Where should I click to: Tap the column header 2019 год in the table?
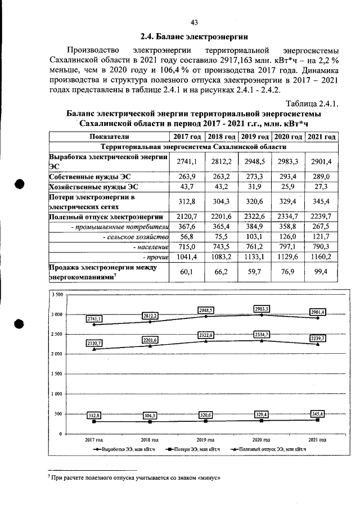click(x=254, y=137)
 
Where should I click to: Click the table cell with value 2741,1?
click(x=187, y=161)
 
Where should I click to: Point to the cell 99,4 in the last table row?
click(x=321, y=272)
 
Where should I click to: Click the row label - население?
click(x=150, y=246)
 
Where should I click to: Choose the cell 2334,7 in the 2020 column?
click(x=287, y=217)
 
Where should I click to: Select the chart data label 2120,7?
click(x=94, y=343)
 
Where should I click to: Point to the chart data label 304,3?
click(x=150, y=416)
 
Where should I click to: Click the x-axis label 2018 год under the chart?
click(x=150, y=439)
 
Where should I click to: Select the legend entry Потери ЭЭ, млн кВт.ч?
click(x=191, y=449)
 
